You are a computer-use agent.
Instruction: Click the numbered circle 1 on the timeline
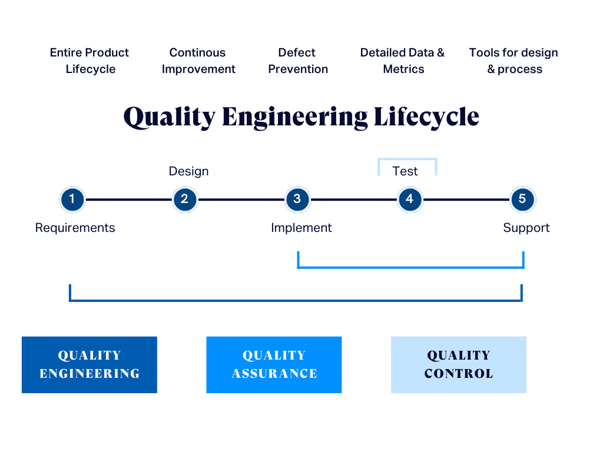[72, 200]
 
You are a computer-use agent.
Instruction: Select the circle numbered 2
[184, 200]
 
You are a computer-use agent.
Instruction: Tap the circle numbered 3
[297, 200]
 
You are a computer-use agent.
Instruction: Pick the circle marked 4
[409, 200]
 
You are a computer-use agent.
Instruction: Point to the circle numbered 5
[522, 200]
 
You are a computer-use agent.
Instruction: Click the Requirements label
[75, 228]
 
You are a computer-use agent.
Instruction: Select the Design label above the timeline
[188, 171]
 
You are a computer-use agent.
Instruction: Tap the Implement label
[301, 228]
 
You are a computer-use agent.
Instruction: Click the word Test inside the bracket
[405, 171]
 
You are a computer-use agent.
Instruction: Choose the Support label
[526, 228]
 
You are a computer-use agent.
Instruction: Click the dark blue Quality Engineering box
[90, 364]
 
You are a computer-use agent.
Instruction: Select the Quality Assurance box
[274, 364]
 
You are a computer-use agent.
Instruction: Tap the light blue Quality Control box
[458, 364]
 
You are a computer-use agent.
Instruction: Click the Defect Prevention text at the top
[297, 61]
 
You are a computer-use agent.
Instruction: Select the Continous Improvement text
[198, 61]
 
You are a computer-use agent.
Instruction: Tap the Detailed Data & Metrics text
[403, 61]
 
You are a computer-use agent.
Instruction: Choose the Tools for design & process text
[513, 61]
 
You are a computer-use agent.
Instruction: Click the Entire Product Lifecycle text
[90, 61]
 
